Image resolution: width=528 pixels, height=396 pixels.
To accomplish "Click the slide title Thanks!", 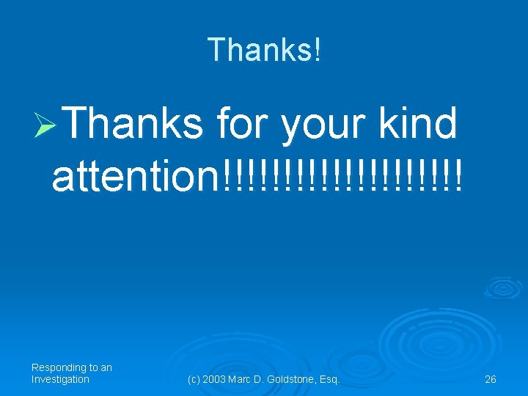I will (x=264, y=50).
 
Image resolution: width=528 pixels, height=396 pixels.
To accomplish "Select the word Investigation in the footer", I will (x=60, y=379).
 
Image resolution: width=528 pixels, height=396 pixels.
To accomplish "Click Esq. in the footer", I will (x=331, y=379).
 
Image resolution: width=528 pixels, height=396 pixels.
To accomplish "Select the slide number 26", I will (x=491, y=379).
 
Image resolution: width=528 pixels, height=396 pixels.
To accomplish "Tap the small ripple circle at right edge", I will (x=504, y=288).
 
